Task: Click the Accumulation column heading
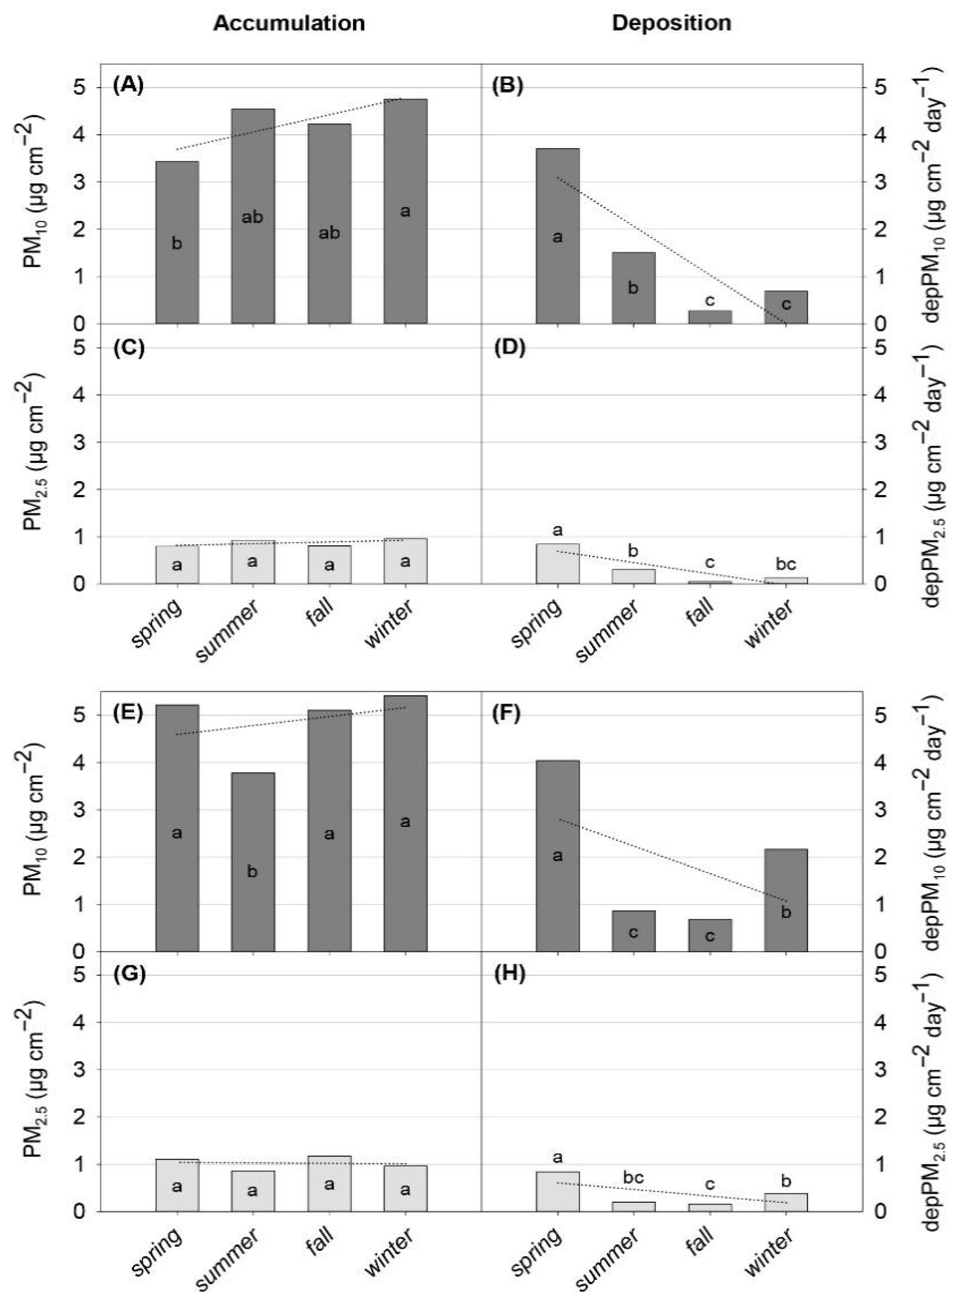coord(289,23)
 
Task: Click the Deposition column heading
coord(671,23)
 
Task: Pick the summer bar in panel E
coord(253,862)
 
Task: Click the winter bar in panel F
coord(785,900)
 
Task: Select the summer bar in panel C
coord(253,562)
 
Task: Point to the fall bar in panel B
coord(709,317)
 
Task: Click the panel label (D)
coord(508,350)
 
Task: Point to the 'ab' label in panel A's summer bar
coord(252,217)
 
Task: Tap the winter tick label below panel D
coord(769,623)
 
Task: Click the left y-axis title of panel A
coord(34,191)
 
